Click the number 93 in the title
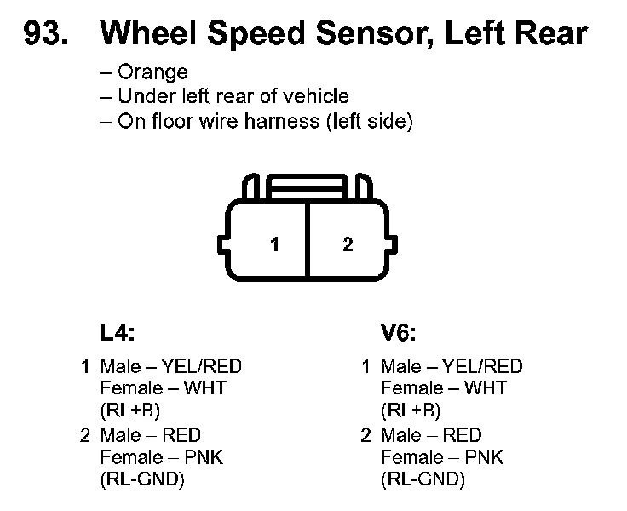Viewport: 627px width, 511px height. coord(48,33)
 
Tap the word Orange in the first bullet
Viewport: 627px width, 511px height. coord(152,72)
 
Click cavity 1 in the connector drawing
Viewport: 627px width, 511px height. coord(274,244)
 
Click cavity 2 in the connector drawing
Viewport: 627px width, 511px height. coord(348,244)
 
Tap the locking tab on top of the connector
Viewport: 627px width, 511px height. coord(308,184)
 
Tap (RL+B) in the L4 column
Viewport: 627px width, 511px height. coord(130,411)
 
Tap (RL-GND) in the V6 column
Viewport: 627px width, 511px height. coord(423,479)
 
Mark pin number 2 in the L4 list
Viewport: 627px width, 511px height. coord(85,435)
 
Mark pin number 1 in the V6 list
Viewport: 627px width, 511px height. coord(365,367)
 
